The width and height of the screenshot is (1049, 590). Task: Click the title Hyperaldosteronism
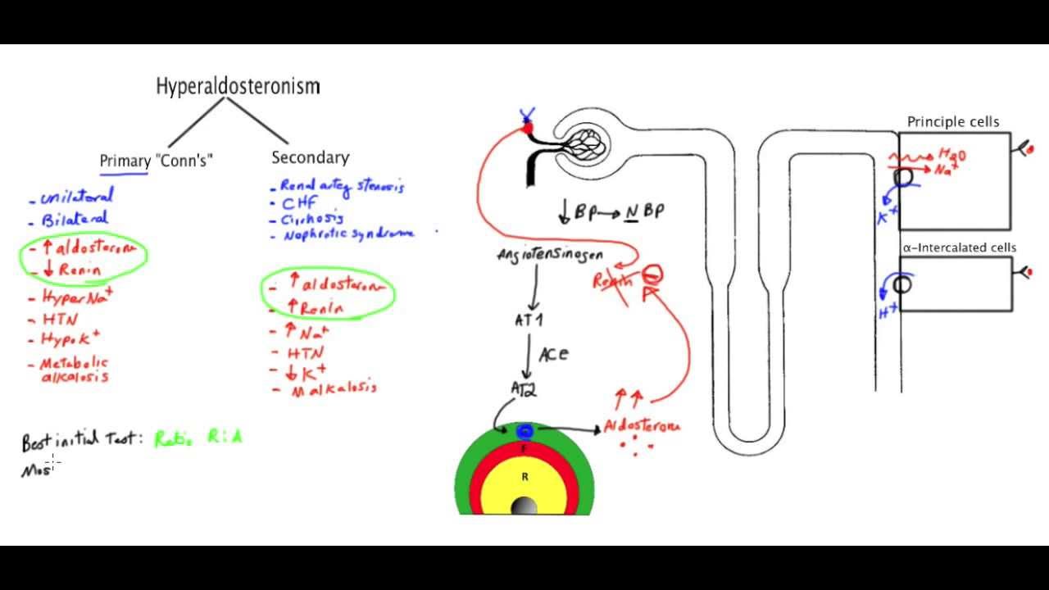coord(238,86)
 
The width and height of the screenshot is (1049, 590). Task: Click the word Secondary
coord(310,157)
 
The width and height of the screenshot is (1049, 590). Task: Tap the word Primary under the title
coord(125,161)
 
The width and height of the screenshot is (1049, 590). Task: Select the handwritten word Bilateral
coord(75,219)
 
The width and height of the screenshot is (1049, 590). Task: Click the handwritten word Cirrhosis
coord(312,219)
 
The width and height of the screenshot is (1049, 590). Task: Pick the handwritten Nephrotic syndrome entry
coord(348,234)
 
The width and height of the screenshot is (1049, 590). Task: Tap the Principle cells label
coord(953,122)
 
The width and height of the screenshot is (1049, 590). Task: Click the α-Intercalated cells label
coord(959,247)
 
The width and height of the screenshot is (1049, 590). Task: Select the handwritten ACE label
coord(553,354)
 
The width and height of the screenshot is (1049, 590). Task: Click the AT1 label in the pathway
coord(529,320)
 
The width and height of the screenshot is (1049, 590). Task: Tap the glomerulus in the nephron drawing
coord(591,146)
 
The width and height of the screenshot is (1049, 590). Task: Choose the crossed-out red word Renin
coord(613,281)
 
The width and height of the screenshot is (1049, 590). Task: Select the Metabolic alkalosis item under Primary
coord(75,370)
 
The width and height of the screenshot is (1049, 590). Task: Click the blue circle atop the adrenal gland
coord(524,432)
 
